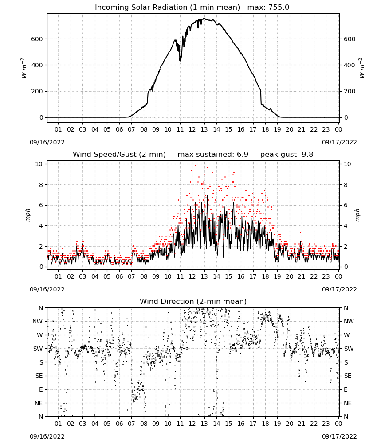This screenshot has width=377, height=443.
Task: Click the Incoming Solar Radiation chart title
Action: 167,8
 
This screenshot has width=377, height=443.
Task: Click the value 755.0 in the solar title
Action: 279,8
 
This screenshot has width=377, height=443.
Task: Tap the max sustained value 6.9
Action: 242,154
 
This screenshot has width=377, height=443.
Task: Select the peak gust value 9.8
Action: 307,154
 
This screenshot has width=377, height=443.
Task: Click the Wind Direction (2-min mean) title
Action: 193,301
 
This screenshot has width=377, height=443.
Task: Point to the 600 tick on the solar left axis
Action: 37,39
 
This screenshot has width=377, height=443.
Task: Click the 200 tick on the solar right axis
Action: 350,91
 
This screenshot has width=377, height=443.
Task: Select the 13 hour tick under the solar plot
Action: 204,129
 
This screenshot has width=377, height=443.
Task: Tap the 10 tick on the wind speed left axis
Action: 39,164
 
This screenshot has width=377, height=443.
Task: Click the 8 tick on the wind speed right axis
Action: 346,185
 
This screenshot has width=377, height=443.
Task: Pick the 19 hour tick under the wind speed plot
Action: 277,276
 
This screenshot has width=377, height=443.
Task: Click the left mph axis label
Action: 27,215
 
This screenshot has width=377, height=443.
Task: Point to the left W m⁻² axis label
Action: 24,68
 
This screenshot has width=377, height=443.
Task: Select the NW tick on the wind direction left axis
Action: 38,322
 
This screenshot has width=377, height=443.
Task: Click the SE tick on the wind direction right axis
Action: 348,376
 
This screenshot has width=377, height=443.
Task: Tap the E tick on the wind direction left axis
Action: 41,389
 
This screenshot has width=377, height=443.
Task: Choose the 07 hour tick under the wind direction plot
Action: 131,424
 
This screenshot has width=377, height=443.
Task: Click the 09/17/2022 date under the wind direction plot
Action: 339,436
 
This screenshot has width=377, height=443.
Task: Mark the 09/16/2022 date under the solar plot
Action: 47,142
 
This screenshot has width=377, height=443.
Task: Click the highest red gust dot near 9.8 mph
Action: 196,166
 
